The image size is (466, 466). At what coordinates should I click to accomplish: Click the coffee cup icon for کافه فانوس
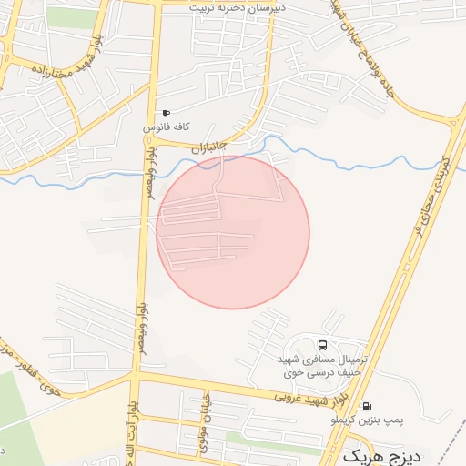tap(165, 114)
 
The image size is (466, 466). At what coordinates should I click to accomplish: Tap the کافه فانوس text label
tap(166, 129)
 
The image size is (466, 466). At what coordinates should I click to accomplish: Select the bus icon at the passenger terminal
tap(322, 345)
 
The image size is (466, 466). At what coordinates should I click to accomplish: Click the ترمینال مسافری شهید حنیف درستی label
tap(323, 365)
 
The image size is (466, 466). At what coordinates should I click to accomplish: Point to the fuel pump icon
tap(367, 406)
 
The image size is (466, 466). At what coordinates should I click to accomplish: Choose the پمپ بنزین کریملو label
tap(367, 420)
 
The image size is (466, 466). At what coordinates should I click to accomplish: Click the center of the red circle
tap(233, 232)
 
